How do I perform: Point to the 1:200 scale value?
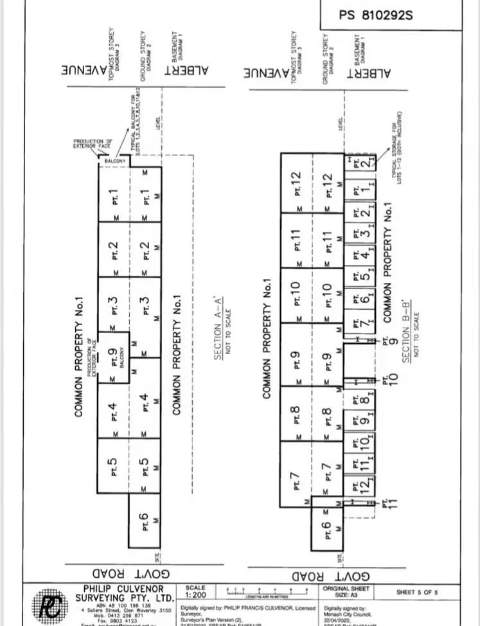click(x=195, y=595)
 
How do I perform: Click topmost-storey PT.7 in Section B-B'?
click(x=295, y=476)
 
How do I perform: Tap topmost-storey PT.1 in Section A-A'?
click(x=114, y=196)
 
